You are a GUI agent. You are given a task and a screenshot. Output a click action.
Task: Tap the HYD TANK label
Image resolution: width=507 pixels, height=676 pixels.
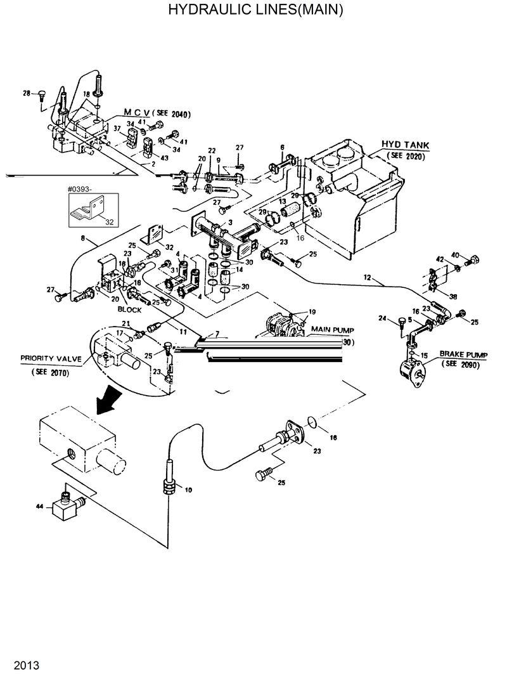405,145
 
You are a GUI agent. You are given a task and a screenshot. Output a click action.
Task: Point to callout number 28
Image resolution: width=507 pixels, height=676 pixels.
27,94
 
